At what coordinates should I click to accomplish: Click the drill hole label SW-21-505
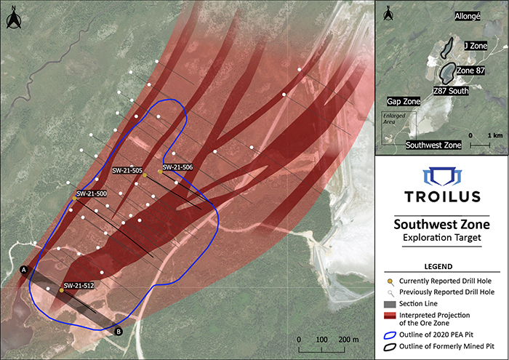[127, 170]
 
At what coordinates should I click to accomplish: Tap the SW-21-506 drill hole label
[177, 167]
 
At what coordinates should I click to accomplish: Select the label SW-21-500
[92, 194]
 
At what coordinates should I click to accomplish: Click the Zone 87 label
[470, 71]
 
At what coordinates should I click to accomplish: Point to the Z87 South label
[450, 92]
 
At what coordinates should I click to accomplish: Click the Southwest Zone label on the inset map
[433, 145]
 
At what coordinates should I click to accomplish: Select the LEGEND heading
[441, 267]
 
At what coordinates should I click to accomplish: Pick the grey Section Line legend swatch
[390, 303]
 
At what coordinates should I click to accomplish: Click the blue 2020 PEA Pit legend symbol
[390, 335]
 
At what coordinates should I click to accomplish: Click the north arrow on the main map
[12, 19]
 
